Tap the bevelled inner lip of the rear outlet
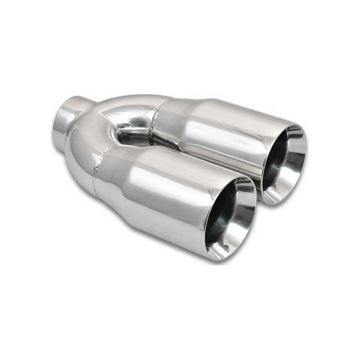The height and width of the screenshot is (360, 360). coord(289,166)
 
